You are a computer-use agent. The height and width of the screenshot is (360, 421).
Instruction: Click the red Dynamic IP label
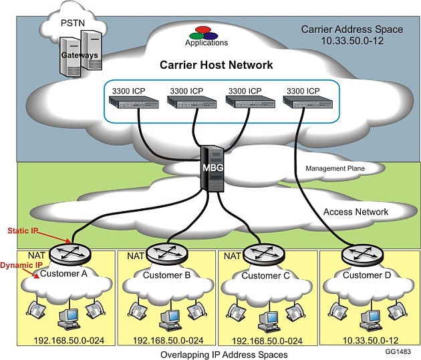(x=17, y=265)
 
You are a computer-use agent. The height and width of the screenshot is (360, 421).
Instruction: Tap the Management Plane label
(x=335, y=169)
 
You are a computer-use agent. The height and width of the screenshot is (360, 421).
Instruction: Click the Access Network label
(x=356, y=212)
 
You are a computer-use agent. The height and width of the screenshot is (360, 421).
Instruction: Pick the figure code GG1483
(x=398, y=350)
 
